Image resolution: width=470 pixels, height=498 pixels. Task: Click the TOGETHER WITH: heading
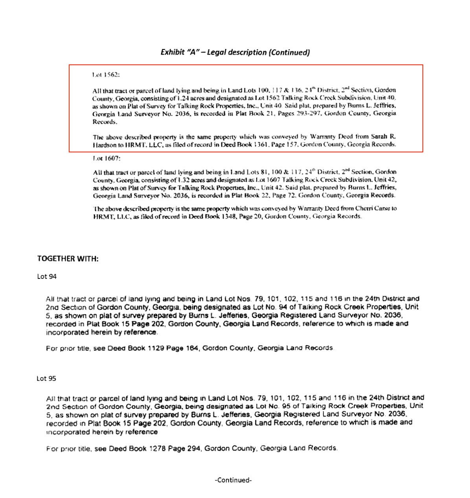tap(68, 258)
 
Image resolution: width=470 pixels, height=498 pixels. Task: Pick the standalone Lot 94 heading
tap(47, 276)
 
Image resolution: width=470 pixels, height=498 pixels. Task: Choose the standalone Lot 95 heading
tap(46, 379)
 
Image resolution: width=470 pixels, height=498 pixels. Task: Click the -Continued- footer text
tap(233, 480)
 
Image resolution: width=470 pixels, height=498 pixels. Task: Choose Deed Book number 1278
tap(157, 448)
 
